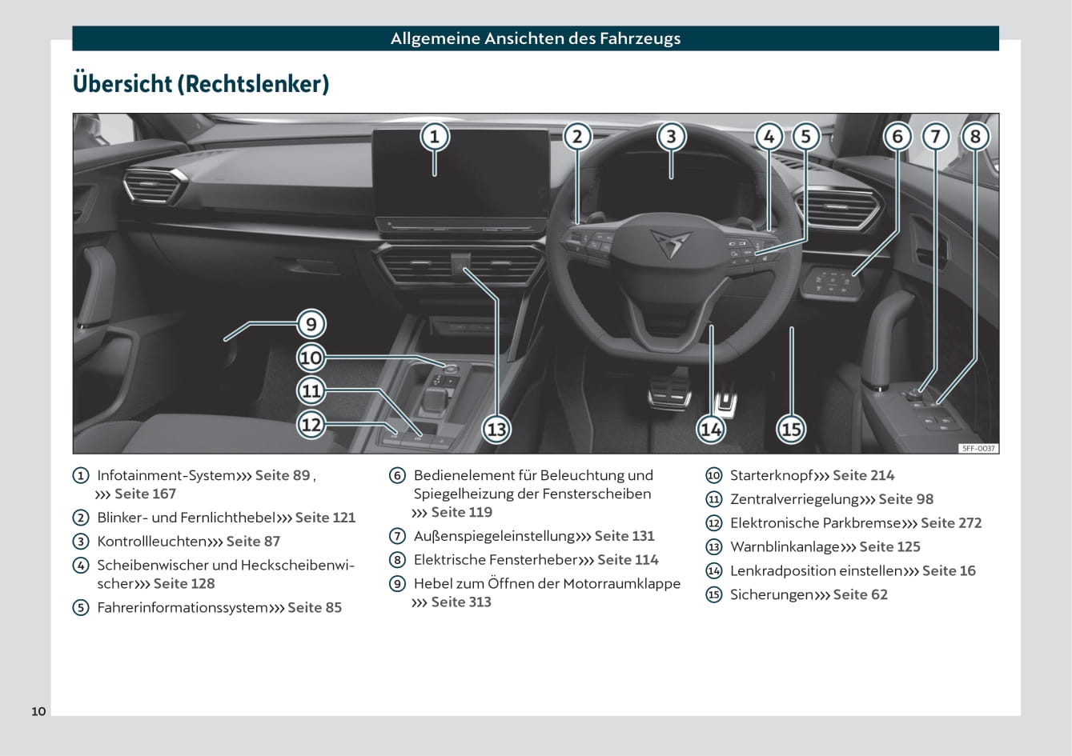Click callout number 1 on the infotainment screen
[435, 137]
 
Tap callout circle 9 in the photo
[311, 324]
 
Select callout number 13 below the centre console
[496, 430]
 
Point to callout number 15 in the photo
[791, 430]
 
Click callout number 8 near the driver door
[974, 137]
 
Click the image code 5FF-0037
[978, 449]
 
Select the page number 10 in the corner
[38, 711]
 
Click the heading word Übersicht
[122, 84]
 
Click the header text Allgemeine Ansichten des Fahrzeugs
[536, 38]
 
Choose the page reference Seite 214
[863, 475]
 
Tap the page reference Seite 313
[461, 602]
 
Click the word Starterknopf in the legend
[771, 475]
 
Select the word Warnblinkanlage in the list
[785, 547]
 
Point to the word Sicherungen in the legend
[771, 594]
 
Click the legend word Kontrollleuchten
[152, 542]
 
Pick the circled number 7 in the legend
[397, 536]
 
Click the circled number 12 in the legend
[714, 523]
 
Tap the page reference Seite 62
[860, 594]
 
